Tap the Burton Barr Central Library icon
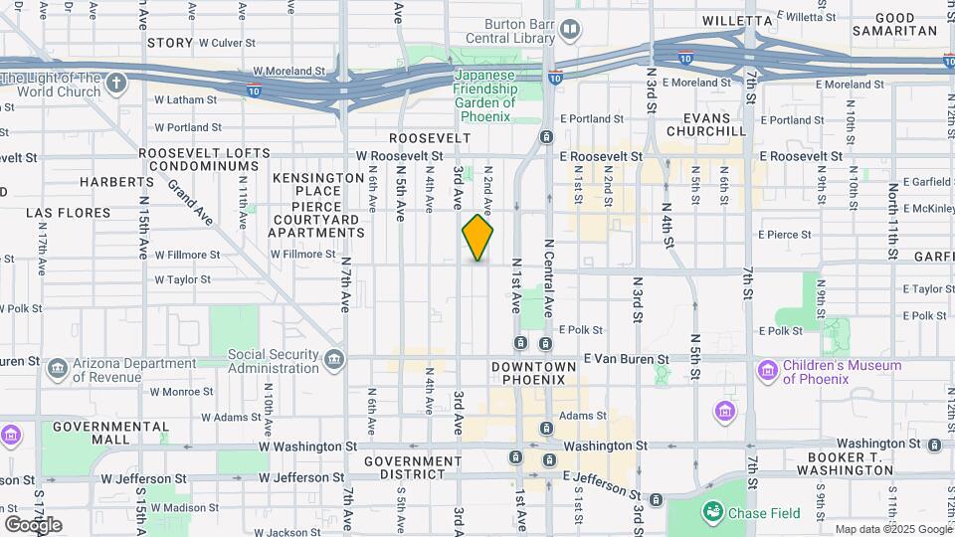[x=569, y=30]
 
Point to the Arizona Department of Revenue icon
[x=58, y=369]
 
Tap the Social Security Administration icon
[x=334, y=358]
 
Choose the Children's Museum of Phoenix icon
[x=766, y=371]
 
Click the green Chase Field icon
[x=712, y=512]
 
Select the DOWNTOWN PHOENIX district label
[x=533, y=373]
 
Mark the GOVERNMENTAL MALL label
[x=97, y=433]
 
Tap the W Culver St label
[x=228, y=44]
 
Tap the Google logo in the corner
[x=33, y=524]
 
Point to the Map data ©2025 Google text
[x=892, y=529]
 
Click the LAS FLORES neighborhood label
[x=66, y=213]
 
